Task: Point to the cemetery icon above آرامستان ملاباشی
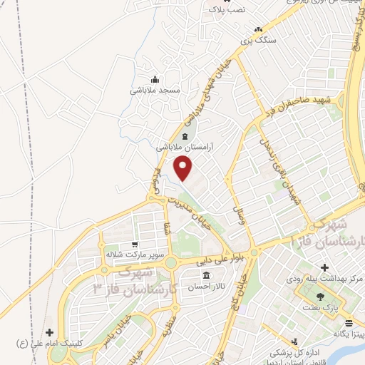click(x=186, y=135)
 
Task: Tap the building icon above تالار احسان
click(x=206, y=275)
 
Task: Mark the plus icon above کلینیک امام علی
click(x=49, y=332)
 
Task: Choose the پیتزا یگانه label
click(x=340, y=334)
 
